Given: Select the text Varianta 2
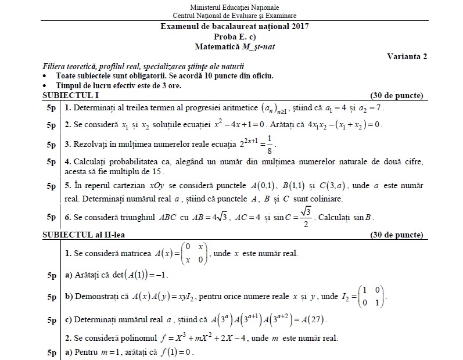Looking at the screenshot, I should click(x=407, y=56).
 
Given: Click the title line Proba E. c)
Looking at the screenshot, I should click(x=235, y=35).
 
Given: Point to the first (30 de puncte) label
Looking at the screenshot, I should click(x=396, y=96).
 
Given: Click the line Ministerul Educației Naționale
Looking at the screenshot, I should click(x=235, y=6).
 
